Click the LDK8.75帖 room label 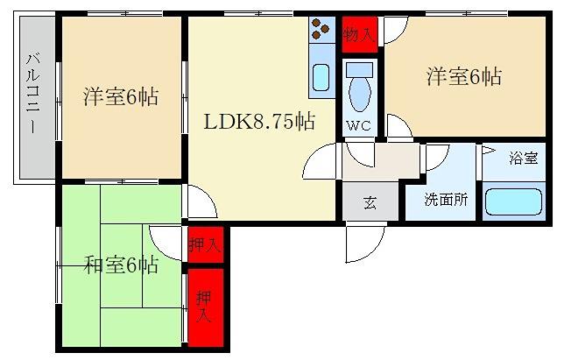[x=259, y=121]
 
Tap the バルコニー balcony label [x=32, y=93]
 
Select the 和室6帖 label [x=121, y=265]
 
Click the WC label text [x=358, y=125]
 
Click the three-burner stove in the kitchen [x=321, y=29]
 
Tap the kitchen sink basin [x=321, y=77]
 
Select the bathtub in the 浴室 [x=513, y=201]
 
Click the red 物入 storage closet [x=359, y=34]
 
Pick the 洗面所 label [x=446, y=199]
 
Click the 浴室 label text [x=524, y=158]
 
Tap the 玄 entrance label [x=370, y=202]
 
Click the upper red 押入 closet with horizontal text [x=206, y=245]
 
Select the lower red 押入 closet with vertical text [x=206, y=307]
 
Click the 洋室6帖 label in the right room [x=464, y=76]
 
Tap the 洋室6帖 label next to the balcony [x=121, y=96]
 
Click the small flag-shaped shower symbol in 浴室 [x=488, y=150]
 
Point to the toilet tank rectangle [x=359, y=69]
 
